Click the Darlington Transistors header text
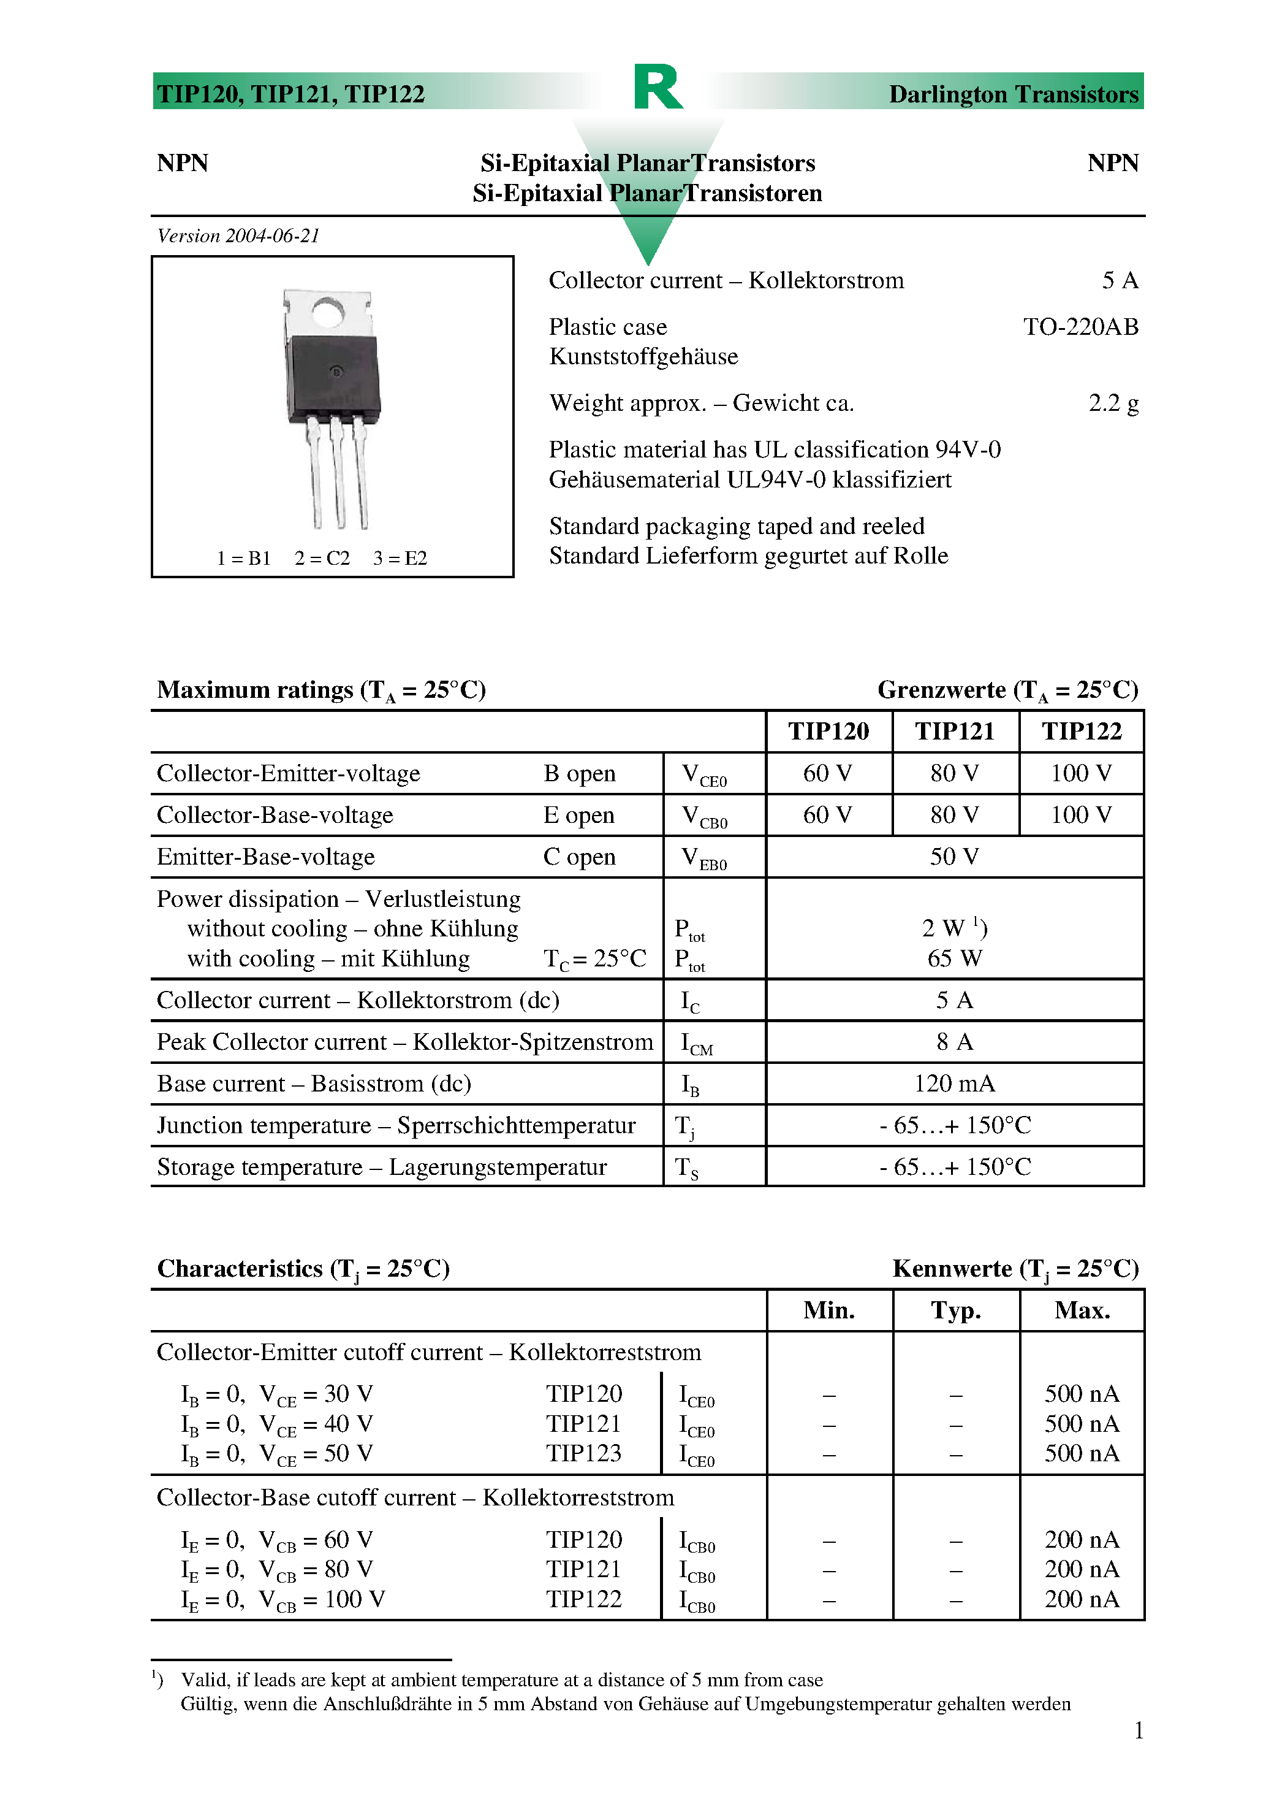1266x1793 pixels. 1013,94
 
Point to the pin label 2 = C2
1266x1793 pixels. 322,559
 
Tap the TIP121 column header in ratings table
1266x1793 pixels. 955,731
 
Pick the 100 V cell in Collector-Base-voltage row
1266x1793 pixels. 1080,816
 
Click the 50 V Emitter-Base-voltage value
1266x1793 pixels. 954,857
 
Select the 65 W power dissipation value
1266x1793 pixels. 954,958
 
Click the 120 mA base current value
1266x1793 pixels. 954,1084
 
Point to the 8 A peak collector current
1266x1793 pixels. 954,1042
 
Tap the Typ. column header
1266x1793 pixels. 955,1310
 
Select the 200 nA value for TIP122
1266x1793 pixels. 1081,1599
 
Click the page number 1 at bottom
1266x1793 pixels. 1138,1730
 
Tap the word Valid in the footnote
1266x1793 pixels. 205,1680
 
